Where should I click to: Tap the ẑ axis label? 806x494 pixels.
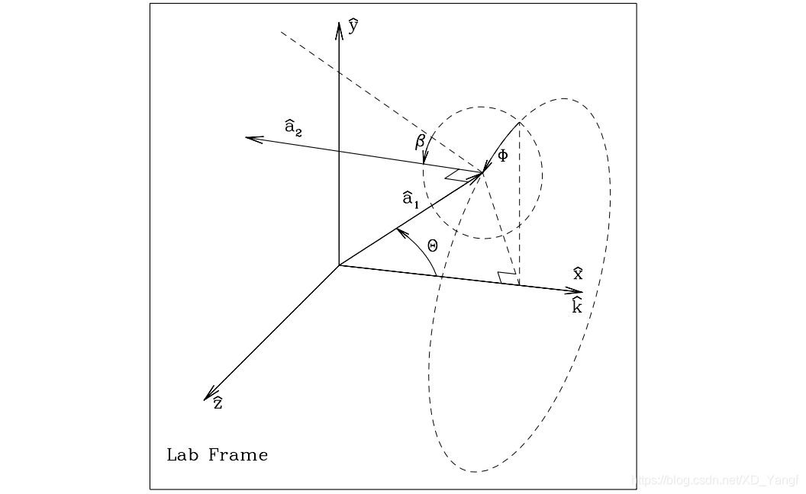click(x=218, y=403)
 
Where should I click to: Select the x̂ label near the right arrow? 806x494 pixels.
click(x=578, y=273)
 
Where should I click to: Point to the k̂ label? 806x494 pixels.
click(x=577, y=306)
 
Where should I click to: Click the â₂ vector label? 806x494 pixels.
click(x=293, y=127)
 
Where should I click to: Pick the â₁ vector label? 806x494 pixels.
click(x=411, y=200)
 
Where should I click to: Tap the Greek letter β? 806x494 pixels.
click(x=419, y=141)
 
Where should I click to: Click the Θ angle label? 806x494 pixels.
click(x=433, y=245)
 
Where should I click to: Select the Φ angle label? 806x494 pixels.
click(x=502, y=156)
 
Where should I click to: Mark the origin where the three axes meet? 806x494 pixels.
click(x=338, y=265)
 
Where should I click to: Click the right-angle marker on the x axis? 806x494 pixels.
click(x=505, y=278)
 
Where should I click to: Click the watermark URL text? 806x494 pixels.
click(x=717, y=480)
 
